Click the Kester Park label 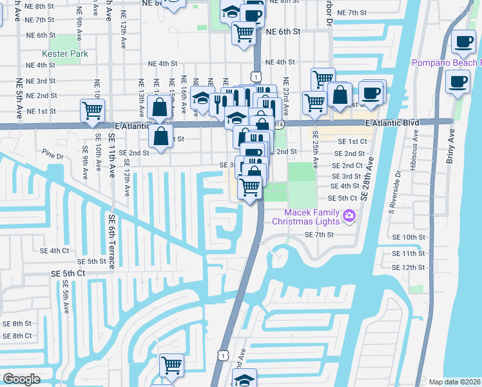[x=65, y=54]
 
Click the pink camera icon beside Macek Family [x=349, y=215]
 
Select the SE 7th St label [x=318, y=235]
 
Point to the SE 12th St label [x=409, y=267]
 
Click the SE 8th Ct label [x=17, y=335]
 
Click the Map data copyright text [x=454, y=382]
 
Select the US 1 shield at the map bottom [x=223, y=355]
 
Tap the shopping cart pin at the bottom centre [x=171, y=364]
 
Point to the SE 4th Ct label [x=54, y=250]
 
